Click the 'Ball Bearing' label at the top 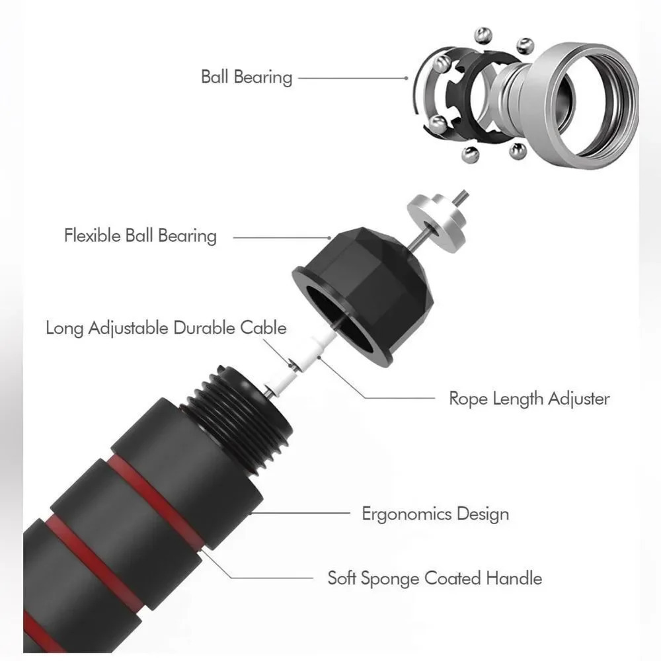(x=247, y=77)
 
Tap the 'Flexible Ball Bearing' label (x=140, y=236)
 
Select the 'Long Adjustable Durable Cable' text (x=166, y=328)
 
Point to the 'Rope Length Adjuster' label (x=529, y=399)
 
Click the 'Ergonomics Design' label (x=436, y=514)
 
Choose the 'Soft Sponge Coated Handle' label (x=435, y=578)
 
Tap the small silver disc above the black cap (x=436, y=223)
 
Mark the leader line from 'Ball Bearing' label (x=353, y=78)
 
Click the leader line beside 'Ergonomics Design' (x=300, y=513)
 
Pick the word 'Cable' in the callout (x=264, y=328)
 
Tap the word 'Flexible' (x=93, y=235)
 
